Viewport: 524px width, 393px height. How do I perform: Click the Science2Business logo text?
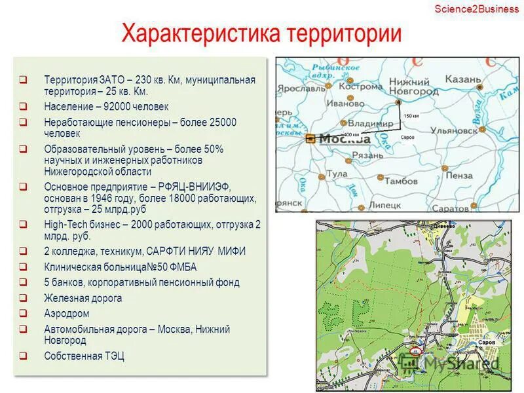pyautogui.click(x=476, y=9)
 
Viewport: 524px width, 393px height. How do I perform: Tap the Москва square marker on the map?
pyautogui.click(x=310, y=138)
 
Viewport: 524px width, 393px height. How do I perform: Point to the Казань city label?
pyautogui.click(x=463, y=80)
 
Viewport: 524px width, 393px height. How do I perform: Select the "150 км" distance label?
pyautogui.click(x=411, y=116)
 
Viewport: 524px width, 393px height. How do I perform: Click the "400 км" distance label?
pyautogui.click(x=351, y=134)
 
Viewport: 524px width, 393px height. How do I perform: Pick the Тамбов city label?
pyautogui.click(x=401, y=180)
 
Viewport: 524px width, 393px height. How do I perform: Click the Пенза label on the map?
pyautogui.click(x=458, y=176)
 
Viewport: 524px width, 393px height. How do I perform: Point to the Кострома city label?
pyautogui.click(x=360, y=86)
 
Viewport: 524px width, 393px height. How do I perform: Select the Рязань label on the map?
pyautogui.click(x=368, y=155)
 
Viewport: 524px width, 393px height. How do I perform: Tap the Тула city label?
pyautogui.click(x=337, y=174)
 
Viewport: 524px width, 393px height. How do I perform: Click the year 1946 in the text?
pyautogui.click(x=109, y=197)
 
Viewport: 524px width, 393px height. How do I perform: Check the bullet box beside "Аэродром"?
pyautogui.click(x=23, y=314)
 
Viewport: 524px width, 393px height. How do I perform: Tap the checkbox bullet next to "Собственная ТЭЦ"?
pyautogui.click(x=23, y=356)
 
